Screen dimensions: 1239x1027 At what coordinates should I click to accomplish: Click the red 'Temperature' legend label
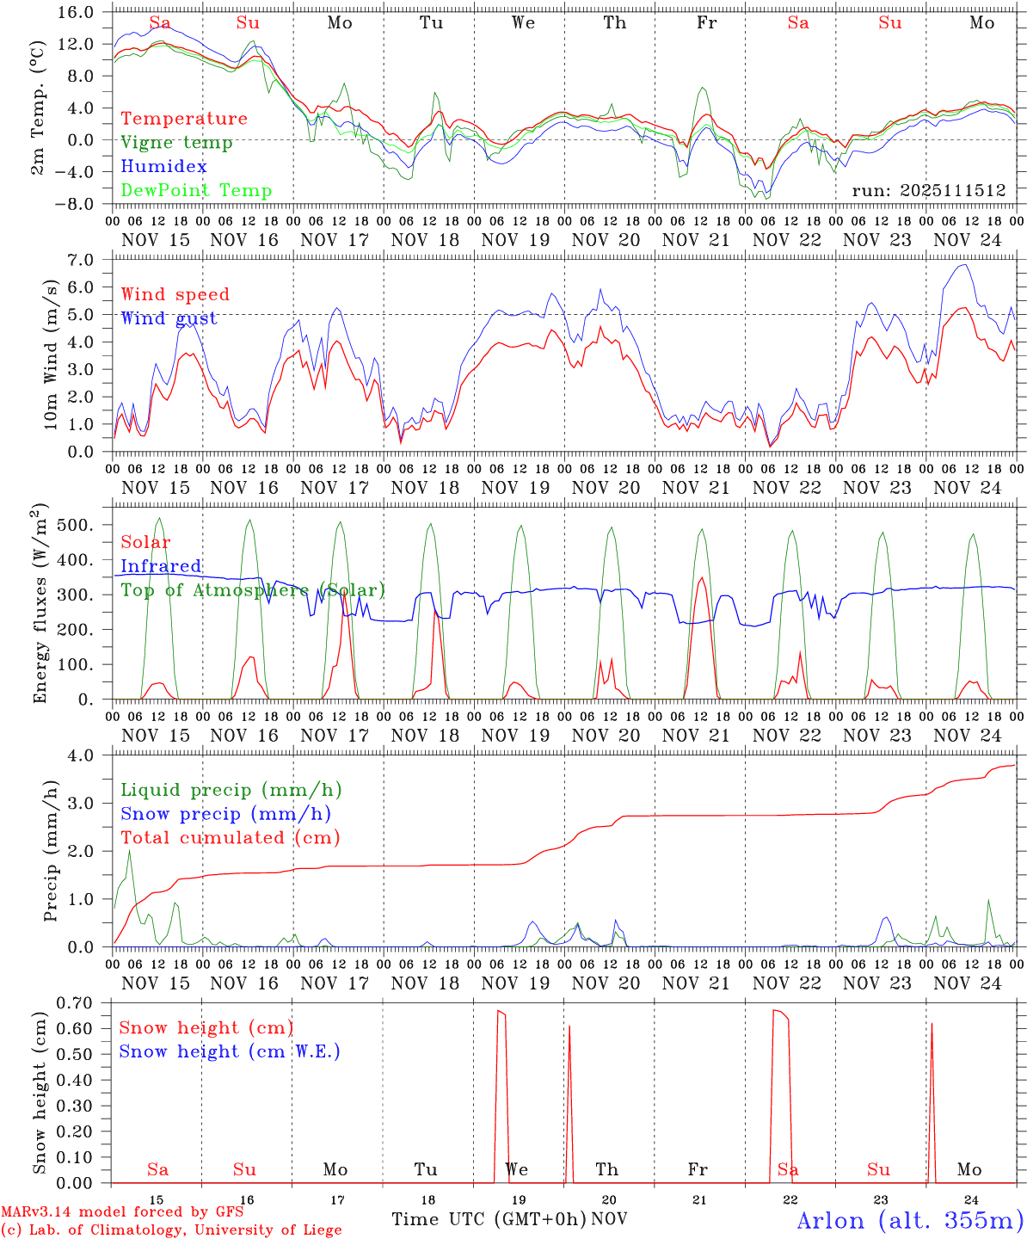pos(183,119)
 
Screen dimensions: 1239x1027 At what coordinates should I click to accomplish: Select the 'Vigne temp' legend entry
pos(176,143)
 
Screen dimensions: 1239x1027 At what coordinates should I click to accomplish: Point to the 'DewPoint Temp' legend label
pos(196,191)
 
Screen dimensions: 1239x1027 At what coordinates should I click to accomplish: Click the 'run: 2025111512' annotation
pos(928,191)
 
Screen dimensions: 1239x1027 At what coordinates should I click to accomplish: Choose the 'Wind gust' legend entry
pos(169,318)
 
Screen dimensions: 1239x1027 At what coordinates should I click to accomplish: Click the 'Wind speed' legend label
pos(175,295)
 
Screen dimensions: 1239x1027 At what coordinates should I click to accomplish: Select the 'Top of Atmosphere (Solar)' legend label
pos(252,590)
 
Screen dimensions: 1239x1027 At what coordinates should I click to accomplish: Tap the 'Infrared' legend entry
pos(161,566)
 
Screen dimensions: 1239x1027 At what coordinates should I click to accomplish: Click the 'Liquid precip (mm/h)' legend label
pos(231,790)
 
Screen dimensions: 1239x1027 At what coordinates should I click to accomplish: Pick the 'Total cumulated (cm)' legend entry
pos(230,837)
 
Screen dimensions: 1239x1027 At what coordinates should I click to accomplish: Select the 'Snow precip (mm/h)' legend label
pos(225,814)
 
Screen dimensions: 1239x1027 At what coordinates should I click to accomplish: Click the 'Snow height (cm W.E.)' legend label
pos(229,1051)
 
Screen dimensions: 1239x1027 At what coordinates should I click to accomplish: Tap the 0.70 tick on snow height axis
pos(82,1002)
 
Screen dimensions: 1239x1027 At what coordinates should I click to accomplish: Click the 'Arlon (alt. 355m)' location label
pos(910,1220)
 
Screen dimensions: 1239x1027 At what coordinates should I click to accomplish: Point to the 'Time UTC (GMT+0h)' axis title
pos(489,1219)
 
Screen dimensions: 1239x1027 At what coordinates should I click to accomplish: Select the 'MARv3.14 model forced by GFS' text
pos(122,1212)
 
